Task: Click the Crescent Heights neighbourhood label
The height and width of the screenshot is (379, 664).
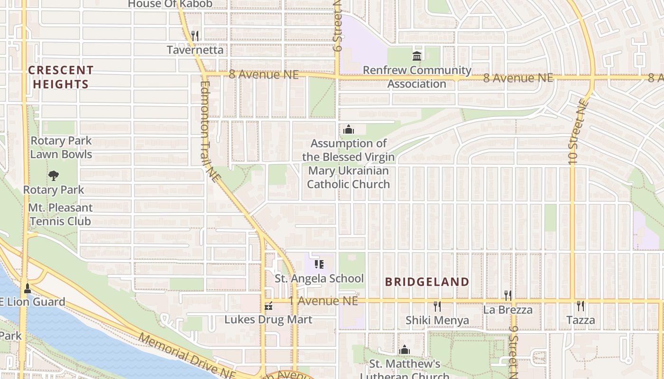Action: click(60, 77)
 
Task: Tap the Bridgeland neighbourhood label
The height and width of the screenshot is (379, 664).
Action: click(427, 282)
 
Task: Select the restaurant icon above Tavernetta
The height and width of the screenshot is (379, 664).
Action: click(194, 36)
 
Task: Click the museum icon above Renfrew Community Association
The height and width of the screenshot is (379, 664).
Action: click(417, 56)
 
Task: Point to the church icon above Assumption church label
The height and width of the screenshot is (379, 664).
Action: click(349, 129)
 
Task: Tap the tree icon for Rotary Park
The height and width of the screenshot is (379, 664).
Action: click(54, 176)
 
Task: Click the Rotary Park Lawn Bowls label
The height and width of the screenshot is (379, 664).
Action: click(61, 147)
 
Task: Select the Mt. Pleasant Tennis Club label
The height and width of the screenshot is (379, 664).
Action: click(60, 214)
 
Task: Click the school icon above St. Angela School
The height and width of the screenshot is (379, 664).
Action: click(319, 264)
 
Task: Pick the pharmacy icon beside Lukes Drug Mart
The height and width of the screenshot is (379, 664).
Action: click(268, 306)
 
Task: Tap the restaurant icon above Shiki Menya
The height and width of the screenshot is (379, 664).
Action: click(437, 307)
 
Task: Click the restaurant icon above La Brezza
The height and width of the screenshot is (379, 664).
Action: click(508, 296)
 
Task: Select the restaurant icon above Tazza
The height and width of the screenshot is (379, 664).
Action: click(580, 306)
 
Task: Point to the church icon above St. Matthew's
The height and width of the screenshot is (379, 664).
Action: click(405, 350)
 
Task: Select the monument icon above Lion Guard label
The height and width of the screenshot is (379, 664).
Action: click(28, 288)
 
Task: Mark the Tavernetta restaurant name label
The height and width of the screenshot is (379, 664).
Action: click(195, 50)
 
